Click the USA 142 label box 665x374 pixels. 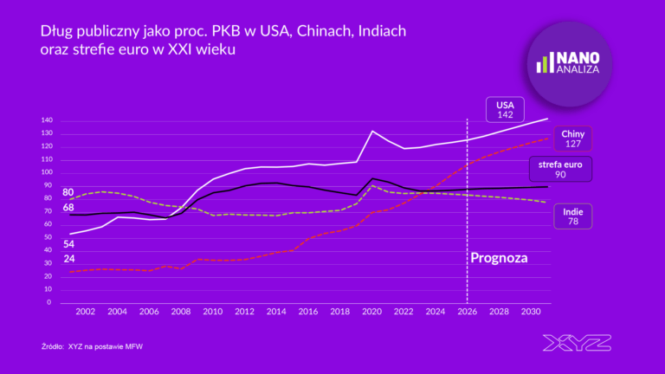point(506,108)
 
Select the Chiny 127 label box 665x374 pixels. point(572,139)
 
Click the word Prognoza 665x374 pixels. point(499,257)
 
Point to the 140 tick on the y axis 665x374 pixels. point(47,120)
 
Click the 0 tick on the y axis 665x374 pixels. point(51,303)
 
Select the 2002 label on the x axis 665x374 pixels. point(85,312)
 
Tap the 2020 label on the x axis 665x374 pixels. point(372,312)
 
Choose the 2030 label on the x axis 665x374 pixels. point(532,312)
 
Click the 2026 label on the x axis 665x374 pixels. point(468,312)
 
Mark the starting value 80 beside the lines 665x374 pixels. point(68,191)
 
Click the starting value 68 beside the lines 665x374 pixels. point(68,208)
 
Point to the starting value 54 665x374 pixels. point(68,244)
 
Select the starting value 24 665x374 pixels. point(68,258)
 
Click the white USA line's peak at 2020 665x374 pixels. point(372,131)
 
